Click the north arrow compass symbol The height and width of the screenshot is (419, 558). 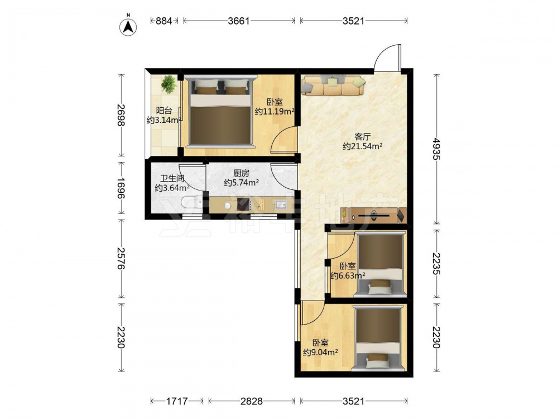click(x=128, y=26)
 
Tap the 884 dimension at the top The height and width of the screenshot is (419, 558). click(x=164, y=21)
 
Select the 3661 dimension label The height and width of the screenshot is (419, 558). click(x=239, y=21)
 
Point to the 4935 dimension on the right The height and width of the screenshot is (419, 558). click(x=436, y=149)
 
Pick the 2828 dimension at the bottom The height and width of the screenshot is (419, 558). click(x=252, y=401)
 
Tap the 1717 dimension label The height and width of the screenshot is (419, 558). click(x=177, y=401)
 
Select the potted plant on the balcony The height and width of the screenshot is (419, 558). click(x=168, y=84)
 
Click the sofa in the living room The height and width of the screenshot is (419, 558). click(x=333, y=85)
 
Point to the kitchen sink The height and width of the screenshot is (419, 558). click(x=281, y=205)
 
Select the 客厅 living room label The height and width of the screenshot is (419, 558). click(x=363, y=137)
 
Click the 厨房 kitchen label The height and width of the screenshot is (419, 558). click(x=241, y=174)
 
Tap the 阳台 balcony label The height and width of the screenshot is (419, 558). click(x=163, y=111)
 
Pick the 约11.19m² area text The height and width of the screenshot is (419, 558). click(x=275, y=112)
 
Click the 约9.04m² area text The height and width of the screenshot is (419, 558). click(x=320, y=353)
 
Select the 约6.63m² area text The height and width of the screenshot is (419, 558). click(x=348, y=275)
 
